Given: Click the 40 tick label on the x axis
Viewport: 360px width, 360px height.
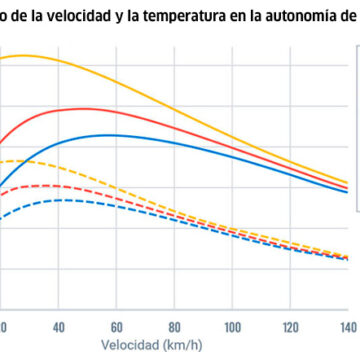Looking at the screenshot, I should click(59, 328).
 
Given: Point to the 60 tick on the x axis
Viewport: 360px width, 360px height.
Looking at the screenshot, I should click(117, 328).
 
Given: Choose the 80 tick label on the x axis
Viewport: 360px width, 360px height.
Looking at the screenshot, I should click(175, 328).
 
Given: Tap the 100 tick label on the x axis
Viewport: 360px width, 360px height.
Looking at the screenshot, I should click(233, 328).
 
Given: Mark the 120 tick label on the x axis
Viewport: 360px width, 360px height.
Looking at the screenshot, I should click(291, 328).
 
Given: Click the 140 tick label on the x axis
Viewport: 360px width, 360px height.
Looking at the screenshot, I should click(347, 328).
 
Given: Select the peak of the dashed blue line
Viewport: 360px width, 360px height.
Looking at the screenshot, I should click(60, 200).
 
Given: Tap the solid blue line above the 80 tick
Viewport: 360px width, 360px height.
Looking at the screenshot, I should click(175, 145).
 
